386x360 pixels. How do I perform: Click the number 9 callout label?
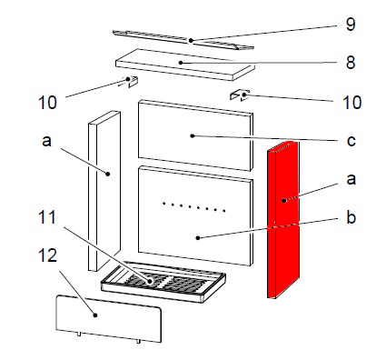[x=351, y=24]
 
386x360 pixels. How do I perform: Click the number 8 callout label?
[x=351, y=63]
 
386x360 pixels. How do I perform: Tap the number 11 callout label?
[x=47, y=217]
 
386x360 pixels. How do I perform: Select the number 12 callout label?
[x=47, y=255]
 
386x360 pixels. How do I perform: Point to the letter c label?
[x=351, y=141]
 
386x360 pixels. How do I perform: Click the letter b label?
[x=351, y=217]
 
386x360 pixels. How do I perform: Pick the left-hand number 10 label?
[x=47, y=102]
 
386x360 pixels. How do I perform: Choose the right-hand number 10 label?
[x=352, y=102]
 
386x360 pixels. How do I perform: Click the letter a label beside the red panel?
[x=351, y=179]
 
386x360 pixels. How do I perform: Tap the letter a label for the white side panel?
[x=46, y=141]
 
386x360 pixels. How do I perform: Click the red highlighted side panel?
[x=283, y=220]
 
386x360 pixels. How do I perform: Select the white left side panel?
[x=104, y=191]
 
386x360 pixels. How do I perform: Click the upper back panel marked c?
[x=195, y=135]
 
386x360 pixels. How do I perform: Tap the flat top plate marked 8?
[x=184, y=65]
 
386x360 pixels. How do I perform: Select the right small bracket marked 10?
[x=240, y=95]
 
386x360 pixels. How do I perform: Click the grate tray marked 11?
[x=163, y=282]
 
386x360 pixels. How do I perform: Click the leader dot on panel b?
[x=198, y=238]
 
